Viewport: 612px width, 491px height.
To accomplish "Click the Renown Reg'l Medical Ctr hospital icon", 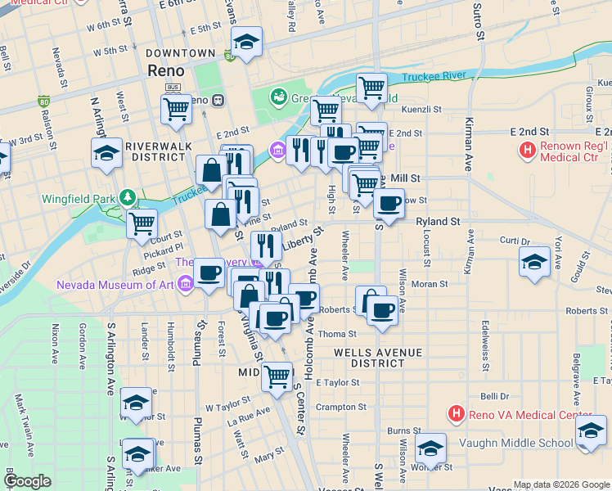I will (x=528, y=151).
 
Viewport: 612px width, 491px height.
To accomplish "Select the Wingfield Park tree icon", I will (x=127, y=197).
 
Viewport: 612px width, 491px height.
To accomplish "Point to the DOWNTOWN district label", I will (x=180, y=53).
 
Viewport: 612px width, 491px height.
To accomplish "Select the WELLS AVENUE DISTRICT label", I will (x=377, y=358).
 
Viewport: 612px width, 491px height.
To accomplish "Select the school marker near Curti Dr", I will (x=533, y=262).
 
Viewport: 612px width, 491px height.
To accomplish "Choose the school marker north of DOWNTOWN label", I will (x=245, y=40).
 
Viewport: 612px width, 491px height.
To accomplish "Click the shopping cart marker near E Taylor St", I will (x=277, y=376).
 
